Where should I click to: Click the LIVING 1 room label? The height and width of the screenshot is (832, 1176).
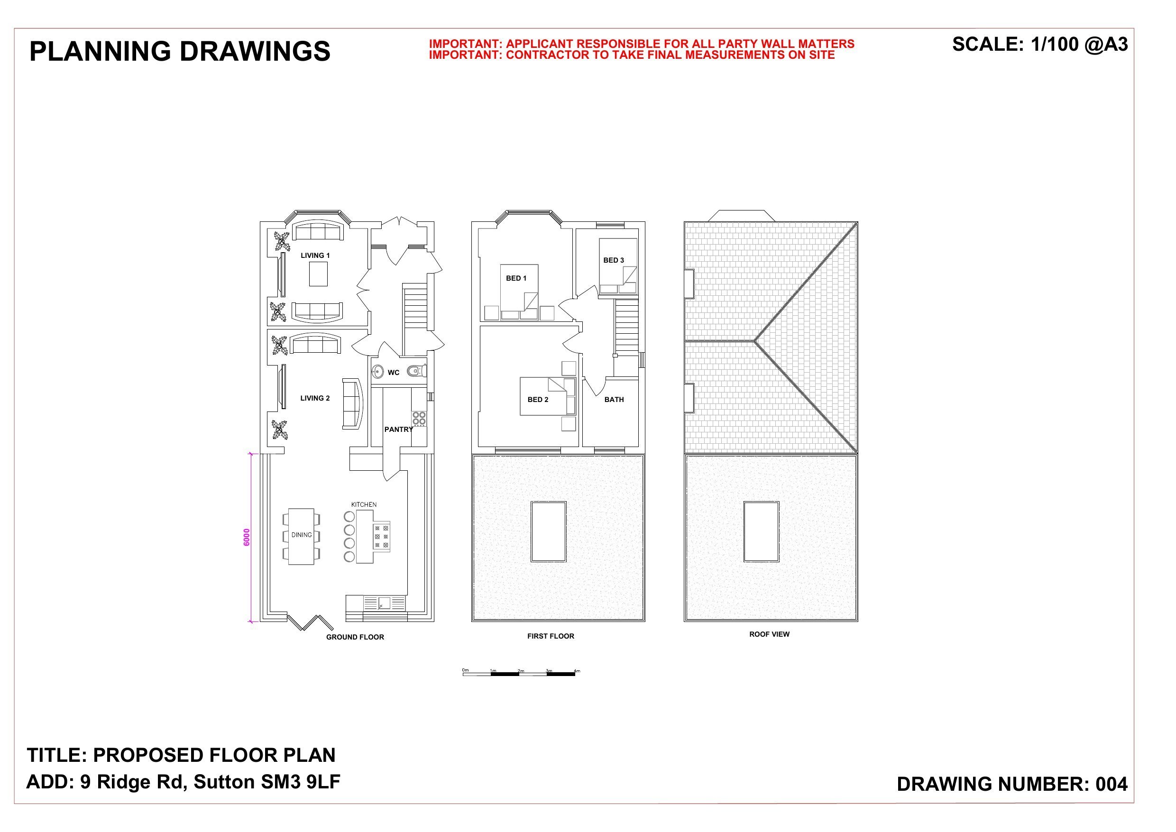pos(315,255)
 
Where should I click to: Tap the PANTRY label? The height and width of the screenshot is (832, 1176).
pos(398,430)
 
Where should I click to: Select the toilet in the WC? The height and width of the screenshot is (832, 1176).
pos(417,370)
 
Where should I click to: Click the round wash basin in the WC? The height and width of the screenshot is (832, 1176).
pos(378,371)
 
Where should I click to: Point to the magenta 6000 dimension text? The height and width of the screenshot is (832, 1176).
pos(247,537)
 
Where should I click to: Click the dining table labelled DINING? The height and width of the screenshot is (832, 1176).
pos(301,536)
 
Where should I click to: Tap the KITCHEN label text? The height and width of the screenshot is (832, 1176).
pos(364,504)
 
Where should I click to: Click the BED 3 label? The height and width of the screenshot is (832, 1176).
pos(613,260)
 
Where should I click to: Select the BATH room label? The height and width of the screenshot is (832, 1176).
pos(614,400)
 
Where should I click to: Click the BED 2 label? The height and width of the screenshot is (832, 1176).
pos(538,400)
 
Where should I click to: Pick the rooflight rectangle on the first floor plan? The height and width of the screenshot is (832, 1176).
pos(548,532)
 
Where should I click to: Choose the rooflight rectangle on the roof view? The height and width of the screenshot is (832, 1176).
pos(761,532)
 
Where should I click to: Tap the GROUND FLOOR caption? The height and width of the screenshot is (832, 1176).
pos(355,637)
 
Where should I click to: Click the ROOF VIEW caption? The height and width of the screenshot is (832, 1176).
pos(769,634)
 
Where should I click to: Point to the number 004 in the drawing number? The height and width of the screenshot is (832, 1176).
pos(1112,784)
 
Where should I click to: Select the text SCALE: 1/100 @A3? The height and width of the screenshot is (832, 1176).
pos(1040,45)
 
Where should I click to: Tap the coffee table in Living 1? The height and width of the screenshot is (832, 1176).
pos(318,274)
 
